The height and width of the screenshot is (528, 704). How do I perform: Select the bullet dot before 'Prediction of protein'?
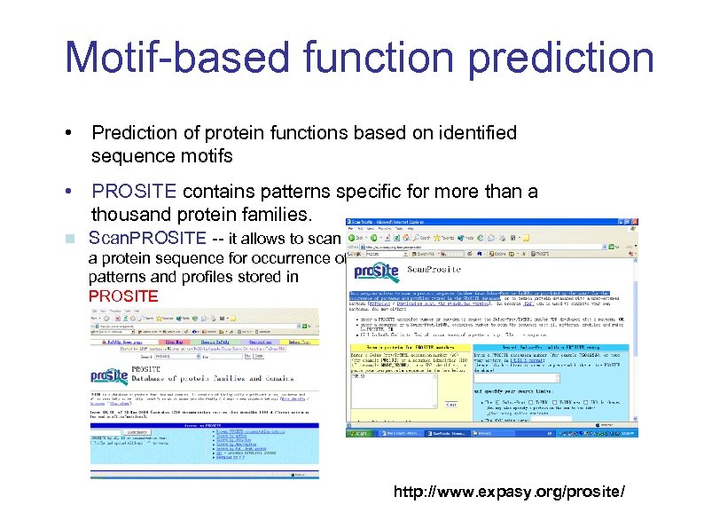pos(68,133)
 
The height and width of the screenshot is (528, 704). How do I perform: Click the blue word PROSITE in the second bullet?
pos(134,192)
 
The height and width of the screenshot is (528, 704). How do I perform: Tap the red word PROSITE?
pos(123,296)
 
